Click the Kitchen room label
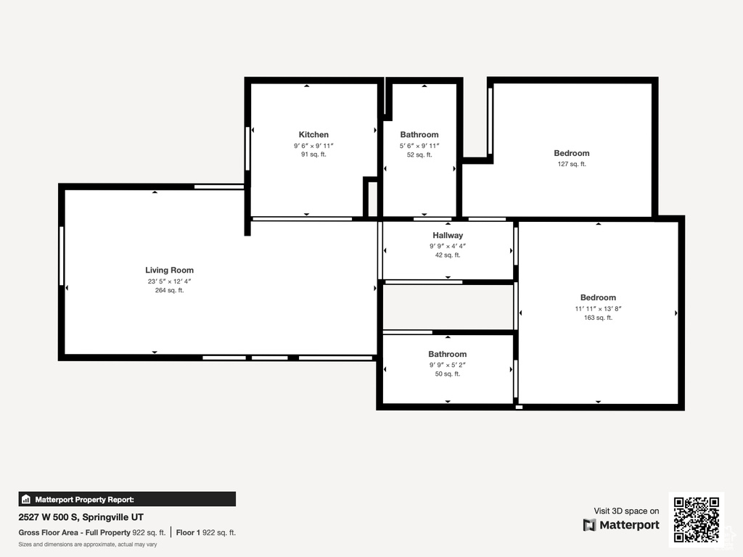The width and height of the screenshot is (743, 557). [x=313, y=134]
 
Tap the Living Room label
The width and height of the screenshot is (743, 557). [x=169, y=270]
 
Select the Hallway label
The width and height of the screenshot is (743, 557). [x=447, y=236]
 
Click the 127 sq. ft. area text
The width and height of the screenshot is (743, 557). [x=572, y=164]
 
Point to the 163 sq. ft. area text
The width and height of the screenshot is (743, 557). [x=598, y=318]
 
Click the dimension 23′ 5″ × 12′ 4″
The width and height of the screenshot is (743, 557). [x=169, y=281]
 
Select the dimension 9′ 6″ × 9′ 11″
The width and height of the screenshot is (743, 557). [x=313, y=146]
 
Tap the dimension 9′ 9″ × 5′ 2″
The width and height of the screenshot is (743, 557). [x=447, y=365]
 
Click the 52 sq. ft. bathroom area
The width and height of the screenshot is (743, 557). [x=419, y=154]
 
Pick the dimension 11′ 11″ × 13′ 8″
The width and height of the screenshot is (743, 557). [x=598, y=309]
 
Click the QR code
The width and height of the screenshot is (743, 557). [x=696, y=519]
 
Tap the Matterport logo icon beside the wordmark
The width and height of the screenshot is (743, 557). [x=589, y=525]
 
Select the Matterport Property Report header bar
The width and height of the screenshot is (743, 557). [x=127, y=499]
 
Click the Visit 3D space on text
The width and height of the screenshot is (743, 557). [x=626, y=511]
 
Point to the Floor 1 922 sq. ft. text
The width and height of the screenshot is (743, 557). [x=205, y=532]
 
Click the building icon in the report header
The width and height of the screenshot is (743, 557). [x=26, y=499]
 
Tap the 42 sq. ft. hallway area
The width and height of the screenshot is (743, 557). [x=447, y=255]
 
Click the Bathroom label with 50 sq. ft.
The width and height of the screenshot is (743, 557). [x=447, y=354]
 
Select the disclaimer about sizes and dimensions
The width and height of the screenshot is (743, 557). [x=88, y=544]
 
